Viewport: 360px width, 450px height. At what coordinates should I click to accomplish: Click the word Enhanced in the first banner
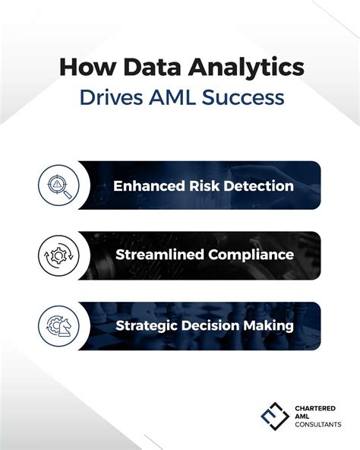[x=148, y=185]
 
